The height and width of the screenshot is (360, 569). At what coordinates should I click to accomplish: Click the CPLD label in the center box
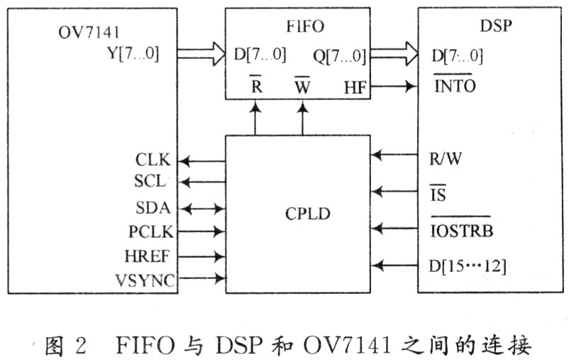306,212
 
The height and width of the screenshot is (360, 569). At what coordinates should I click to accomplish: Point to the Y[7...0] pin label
143,53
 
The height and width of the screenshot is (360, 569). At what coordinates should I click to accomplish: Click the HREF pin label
151,256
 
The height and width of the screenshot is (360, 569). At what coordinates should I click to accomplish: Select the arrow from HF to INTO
394,87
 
